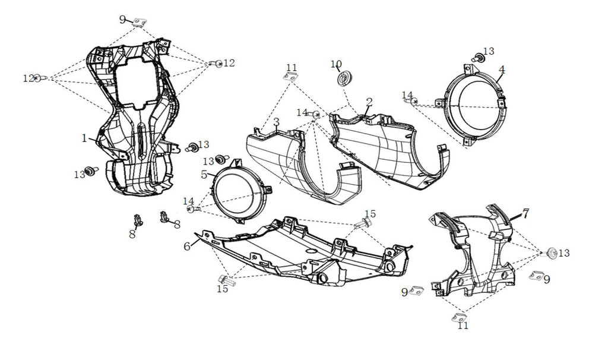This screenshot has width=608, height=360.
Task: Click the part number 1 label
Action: (x=85, y=138)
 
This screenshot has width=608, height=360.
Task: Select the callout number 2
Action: (x=369, y=102)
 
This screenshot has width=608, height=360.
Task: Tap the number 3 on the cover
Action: (x=277, y=122)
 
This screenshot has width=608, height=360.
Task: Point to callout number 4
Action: (x=502, y=70)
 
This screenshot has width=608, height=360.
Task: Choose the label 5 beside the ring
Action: (x=204, y=175)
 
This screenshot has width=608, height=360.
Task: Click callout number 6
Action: (x=188, y=246)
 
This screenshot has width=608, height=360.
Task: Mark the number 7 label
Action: (x=525, y=213)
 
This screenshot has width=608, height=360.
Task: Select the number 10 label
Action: (x=336, y=64)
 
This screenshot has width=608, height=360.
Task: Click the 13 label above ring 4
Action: (x=488, y=51)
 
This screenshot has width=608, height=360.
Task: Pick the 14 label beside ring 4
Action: (x=407, y=95)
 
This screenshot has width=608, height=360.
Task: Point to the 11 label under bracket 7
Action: (x=463, y=326)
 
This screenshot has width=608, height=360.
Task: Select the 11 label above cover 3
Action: (x=291, y=67)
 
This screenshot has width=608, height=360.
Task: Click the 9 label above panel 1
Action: (x=123, y=19)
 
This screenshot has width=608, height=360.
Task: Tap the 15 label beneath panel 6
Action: (x=222, y=289)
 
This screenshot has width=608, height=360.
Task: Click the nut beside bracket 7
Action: (x=550, y=252)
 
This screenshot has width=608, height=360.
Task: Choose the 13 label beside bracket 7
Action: (x=563, y=253)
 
